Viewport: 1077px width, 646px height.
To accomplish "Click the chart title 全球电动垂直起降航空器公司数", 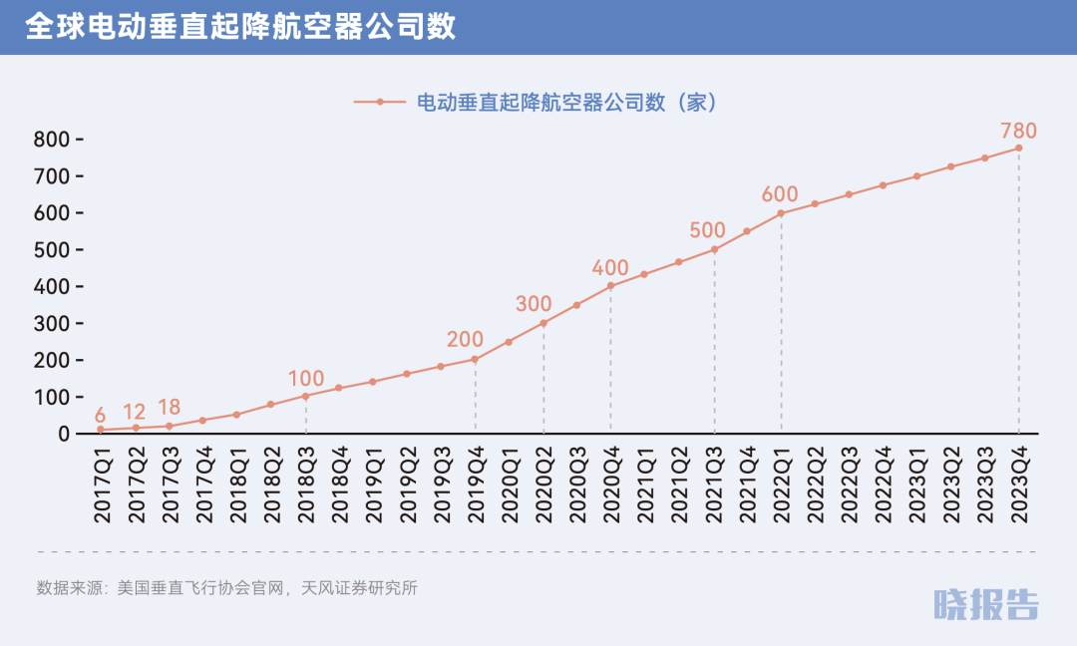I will tap(240, 27).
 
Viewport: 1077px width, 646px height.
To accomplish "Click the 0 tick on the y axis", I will tap(64, 434).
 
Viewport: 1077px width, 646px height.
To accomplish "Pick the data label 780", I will tap(1018, 131).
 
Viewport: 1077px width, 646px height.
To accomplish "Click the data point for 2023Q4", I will tap(1018, 148).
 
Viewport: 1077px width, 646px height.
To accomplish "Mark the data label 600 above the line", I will tap(781, 194).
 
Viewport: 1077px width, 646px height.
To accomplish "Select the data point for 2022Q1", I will tap(781, 213).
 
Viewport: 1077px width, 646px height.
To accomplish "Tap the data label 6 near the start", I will tap(100, 415).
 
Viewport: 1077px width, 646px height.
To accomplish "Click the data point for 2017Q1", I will tap(101, 430).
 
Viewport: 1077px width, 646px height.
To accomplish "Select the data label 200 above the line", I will tap(465, 340).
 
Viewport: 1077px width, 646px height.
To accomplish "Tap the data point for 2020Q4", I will tap(610, 286).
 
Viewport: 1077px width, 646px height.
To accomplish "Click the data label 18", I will tap(170, 407).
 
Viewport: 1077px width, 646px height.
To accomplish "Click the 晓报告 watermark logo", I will tap(985, 604).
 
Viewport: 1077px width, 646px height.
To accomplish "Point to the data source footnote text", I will tap(226, 588).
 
